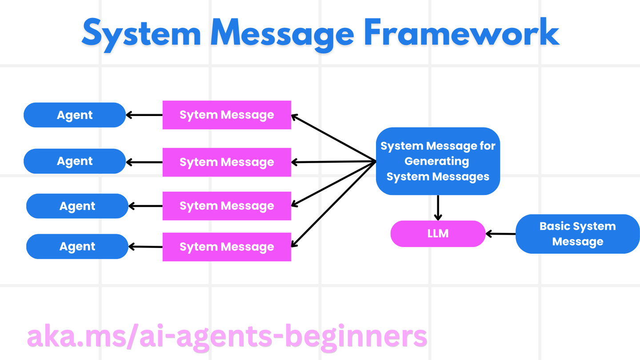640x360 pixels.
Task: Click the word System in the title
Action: pyautogui.click(x=142, y=32)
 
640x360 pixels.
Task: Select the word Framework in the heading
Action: pyautogui.click(x=461, y=32)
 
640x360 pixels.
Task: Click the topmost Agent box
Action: pyautogui.click(x=75, y=115)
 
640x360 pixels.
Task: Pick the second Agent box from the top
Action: pyautogui.click(x=75, y=161)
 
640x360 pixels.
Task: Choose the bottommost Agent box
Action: pyautogui.click(x=77, y=247)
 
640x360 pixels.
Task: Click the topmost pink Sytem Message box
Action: pyautogui.click(x=227, y=115)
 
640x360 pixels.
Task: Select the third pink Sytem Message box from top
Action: pyautogui.click(x=227, y=206)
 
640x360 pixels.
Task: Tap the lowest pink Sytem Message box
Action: pyautogui.click(x=227, y=247)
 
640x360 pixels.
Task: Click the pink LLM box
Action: pyautogui.click(x=438, y=234)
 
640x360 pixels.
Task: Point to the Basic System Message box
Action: pyautogui.click(x=577, y=234)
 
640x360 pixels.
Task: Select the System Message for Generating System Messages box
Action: pyautogui.click(x=438, y=161)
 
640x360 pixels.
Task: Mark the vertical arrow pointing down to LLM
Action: pyautogui.click(x=438, y=208)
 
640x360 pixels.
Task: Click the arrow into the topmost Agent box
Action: pyautogui.click(x=144, y=115)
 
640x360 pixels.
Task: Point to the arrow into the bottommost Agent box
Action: pyautogui.click(x=145, y=247)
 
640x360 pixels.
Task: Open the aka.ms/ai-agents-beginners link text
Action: pyautogui.click(x=227, y=336)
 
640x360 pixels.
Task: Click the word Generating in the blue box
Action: pyautogui.click(x=436, y=161)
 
